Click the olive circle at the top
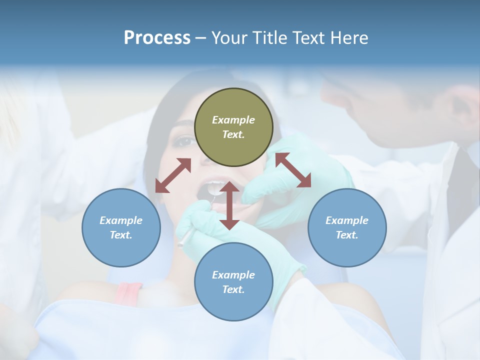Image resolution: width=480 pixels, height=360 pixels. (x=233, y=127)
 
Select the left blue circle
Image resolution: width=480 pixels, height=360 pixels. (x=121, y=227)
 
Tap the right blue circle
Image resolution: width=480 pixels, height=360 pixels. (x=347, y=227)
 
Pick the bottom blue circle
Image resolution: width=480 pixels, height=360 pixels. (x=233, y=282)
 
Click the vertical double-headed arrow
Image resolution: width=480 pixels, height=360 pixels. (x=229, y=206)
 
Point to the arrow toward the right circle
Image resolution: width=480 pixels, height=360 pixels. (x=293, y=170)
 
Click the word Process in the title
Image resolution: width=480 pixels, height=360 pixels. (x=157, y=37)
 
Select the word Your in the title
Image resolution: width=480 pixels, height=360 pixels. (x=229, y=37)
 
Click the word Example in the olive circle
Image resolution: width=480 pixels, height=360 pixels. (x=233, y=120)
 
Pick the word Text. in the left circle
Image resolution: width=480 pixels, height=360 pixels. (x=121, y=235)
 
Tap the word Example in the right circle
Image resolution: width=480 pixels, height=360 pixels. (x=347, y=220)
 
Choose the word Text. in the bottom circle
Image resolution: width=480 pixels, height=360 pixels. (x=233, y=289)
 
